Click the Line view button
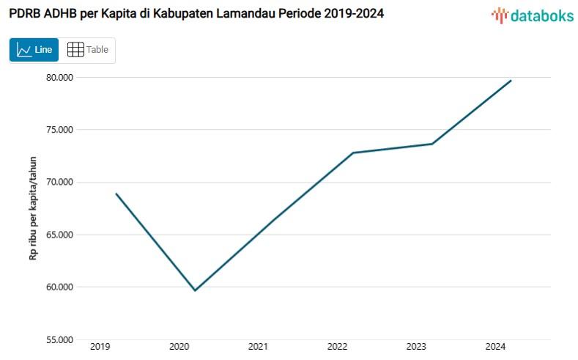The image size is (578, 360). pos(34,50)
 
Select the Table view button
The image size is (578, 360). pos(87,50)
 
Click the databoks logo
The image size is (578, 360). pos(533,15)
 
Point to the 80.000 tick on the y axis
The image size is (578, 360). pos(56,78)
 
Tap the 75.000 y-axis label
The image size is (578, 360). pos(56,130)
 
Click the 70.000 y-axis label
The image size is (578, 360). pos(56,183)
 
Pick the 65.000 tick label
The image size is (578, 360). pos(56,235)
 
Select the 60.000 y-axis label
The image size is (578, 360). pos(56,287)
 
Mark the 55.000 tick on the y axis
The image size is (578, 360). pos(56,339)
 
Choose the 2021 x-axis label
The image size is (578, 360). pos(257,347)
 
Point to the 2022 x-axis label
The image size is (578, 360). pos(337,347)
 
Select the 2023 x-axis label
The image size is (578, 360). pos(416,347)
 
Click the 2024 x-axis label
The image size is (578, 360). pos(495,347)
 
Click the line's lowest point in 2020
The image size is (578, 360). pos(195,290)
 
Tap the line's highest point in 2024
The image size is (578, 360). pos(511,81)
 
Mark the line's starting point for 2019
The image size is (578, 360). pos(116,194)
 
